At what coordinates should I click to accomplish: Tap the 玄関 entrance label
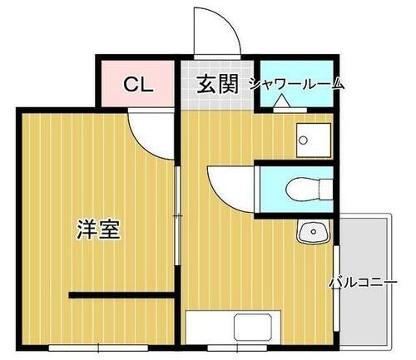tap(218, 83)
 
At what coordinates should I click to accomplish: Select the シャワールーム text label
tap(296, 83)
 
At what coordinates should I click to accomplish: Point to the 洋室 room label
tap(98, 229)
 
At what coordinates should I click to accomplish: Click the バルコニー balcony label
tap(362, 282)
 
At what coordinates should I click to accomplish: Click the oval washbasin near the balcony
tap(310, 231)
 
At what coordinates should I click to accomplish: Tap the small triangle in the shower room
tap(281, 102)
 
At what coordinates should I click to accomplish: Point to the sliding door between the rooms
tap(177, 216)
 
